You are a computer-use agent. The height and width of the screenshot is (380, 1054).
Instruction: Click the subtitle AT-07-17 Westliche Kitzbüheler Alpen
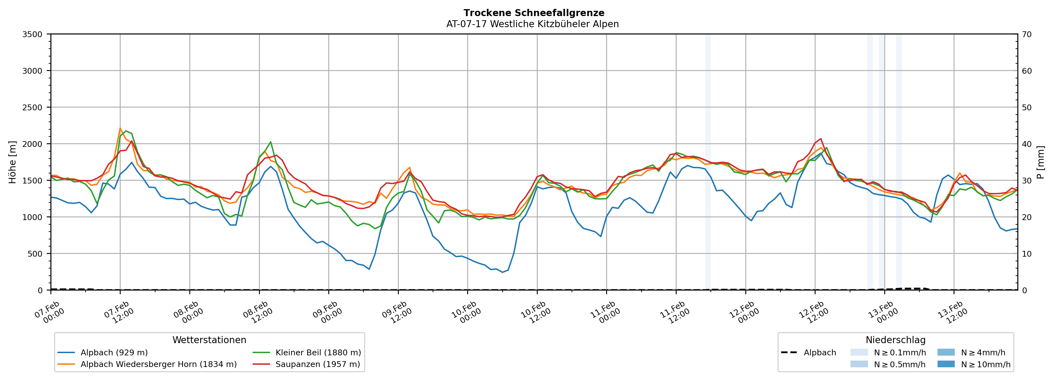tap(532, 24)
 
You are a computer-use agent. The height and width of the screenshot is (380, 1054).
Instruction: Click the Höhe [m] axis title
tap(12, 162)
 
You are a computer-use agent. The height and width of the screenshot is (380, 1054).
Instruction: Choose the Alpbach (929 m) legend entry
tap(114, 353)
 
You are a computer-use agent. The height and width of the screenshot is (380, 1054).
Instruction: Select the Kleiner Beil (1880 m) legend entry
tap(318, 353)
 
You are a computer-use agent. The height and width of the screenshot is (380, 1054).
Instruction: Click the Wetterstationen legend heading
tap(209, 340)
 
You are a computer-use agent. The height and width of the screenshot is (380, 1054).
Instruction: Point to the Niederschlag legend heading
tap(895, 340)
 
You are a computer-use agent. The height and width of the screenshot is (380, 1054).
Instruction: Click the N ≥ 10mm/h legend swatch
tap(946, 364)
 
